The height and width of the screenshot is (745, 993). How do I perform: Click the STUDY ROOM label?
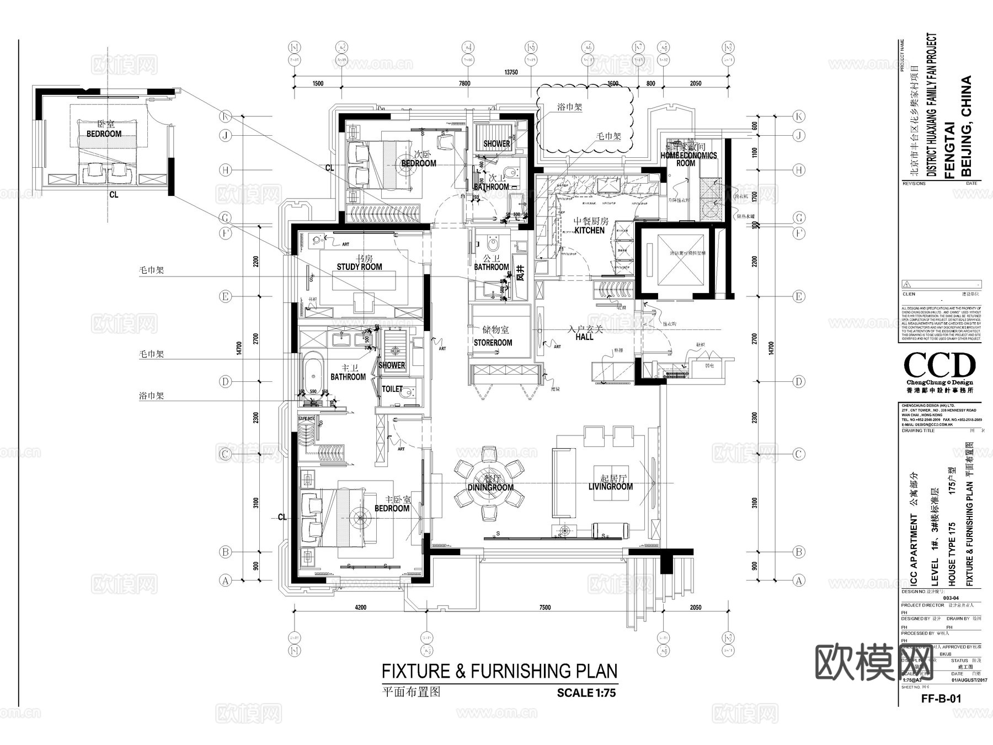coord(359,267)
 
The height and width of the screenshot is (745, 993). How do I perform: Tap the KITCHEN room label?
coord(589,230)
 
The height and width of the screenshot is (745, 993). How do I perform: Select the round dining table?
coord(489,484)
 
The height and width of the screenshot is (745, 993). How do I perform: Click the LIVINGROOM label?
coord(610,487)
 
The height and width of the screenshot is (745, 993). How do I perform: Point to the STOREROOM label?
coord(493,343)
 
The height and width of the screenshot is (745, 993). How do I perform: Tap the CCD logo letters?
coord(939,365)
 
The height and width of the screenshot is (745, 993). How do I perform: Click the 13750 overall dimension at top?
coord(511,72)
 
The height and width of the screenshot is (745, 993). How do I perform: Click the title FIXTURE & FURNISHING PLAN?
coord(499,671)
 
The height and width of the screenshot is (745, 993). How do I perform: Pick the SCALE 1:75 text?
coord(586,693)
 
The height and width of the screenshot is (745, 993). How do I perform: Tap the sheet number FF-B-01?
coord(941,698)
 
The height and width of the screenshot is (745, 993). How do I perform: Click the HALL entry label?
coord(584,337)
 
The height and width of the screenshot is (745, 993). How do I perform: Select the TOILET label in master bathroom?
coord(392,389)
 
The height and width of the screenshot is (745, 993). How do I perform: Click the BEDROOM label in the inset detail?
coord(104,134)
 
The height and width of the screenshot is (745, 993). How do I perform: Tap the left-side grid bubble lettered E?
coord(225,296)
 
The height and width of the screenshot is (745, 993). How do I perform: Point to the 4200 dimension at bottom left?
coord(360,608)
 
